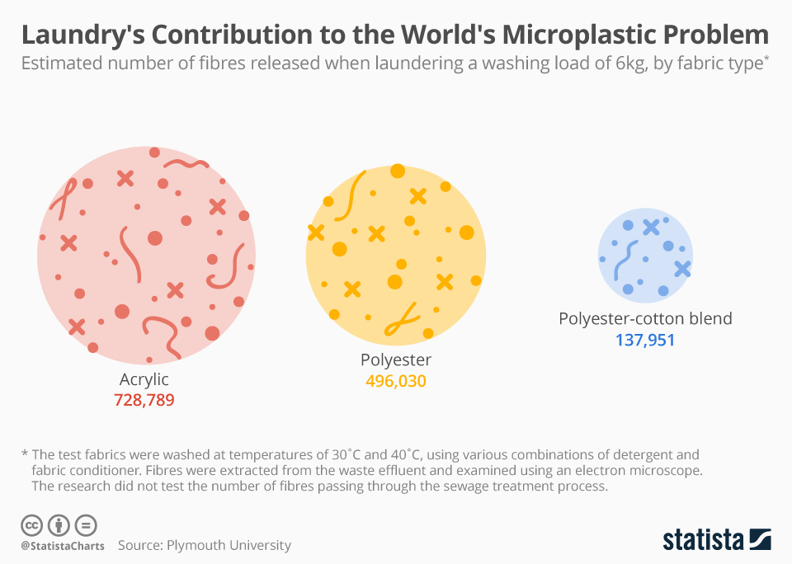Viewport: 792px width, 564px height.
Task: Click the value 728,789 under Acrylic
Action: click(x=144, y=400)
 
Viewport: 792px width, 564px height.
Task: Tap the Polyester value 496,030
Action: click(x=396, y=381)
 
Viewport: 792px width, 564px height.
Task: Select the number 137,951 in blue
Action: click(x=645, y=339)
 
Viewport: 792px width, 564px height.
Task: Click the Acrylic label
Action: click(x=144, y=379)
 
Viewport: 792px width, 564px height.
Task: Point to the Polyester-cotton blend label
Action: click(x=645, y=318)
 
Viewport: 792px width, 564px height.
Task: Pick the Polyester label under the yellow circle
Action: click(x=396, y=360)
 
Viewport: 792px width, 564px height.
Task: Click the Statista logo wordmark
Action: click(x=704, y=540)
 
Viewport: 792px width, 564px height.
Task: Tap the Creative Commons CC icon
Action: click(x=32, y=524)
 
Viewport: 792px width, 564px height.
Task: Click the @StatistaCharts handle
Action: click(x=62, y=546)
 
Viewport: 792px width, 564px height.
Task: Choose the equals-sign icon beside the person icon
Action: click(x=86, y=524)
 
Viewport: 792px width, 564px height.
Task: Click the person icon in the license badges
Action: click(x=59, y=524)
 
